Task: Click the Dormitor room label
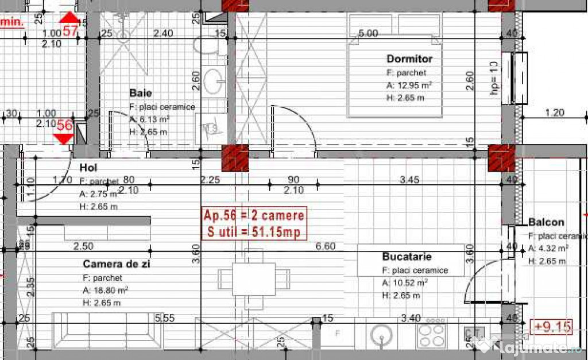pyautogui.click(x=409, y=59)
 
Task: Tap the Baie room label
pyautogui.click(x=141, y=92)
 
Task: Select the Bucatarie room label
pyautogui.click(x=407, y=256)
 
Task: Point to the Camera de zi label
pyautogui.click(x=113, y=264)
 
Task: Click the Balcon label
pyautogui.click(x=546, y=222)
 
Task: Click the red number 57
pyautogui.click(x=70, y=31)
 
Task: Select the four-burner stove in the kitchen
pyautogui.click(x=431, y=335)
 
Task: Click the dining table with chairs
pyautogui.click(x=253, y=279)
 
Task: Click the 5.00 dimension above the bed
pyautogui.click(x=368, y=33)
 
